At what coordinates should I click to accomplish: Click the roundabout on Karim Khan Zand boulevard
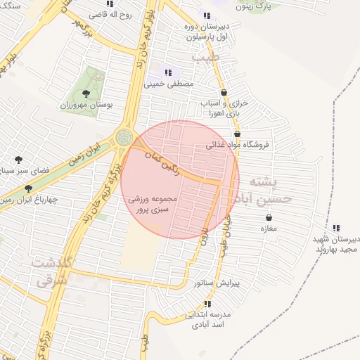(124, 136)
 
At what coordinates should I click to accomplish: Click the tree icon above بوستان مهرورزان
(86, 93)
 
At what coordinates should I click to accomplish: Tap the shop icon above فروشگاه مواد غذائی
(237, 134)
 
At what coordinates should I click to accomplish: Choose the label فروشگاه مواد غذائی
(242, 145)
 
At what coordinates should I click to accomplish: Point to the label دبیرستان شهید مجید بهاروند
(337, 243)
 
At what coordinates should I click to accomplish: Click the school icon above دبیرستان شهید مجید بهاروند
(335, 227)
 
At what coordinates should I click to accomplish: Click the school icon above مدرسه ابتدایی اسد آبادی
(207, 304)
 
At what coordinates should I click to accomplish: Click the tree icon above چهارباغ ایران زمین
(28, 188)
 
